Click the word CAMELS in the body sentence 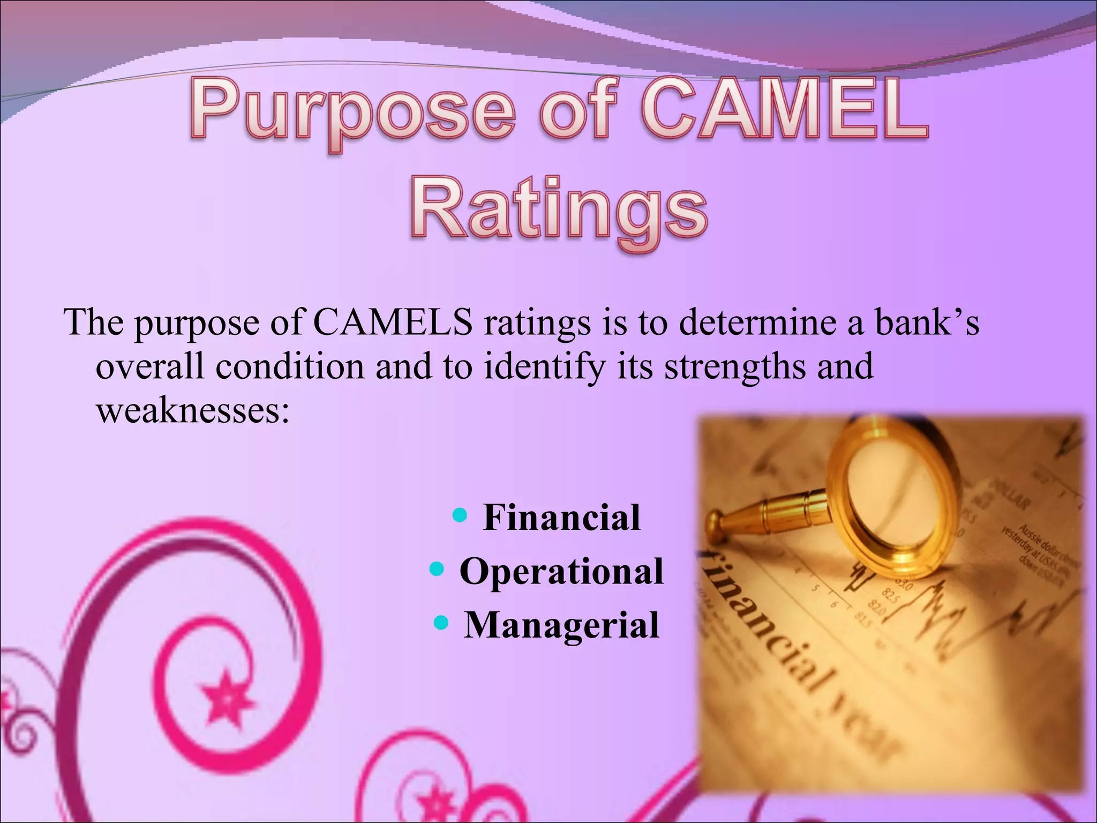tap(393, 323)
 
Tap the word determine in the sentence tap(757, 323)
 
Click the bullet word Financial tap(561, 518)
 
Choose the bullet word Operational tap(561, 571)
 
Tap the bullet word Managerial tap(561, 625)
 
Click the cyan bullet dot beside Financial tap(460, 515)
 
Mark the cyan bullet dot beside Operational tap(437, 568)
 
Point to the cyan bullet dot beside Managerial tap(440, 622)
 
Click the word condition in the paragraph tap(289, 368)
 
